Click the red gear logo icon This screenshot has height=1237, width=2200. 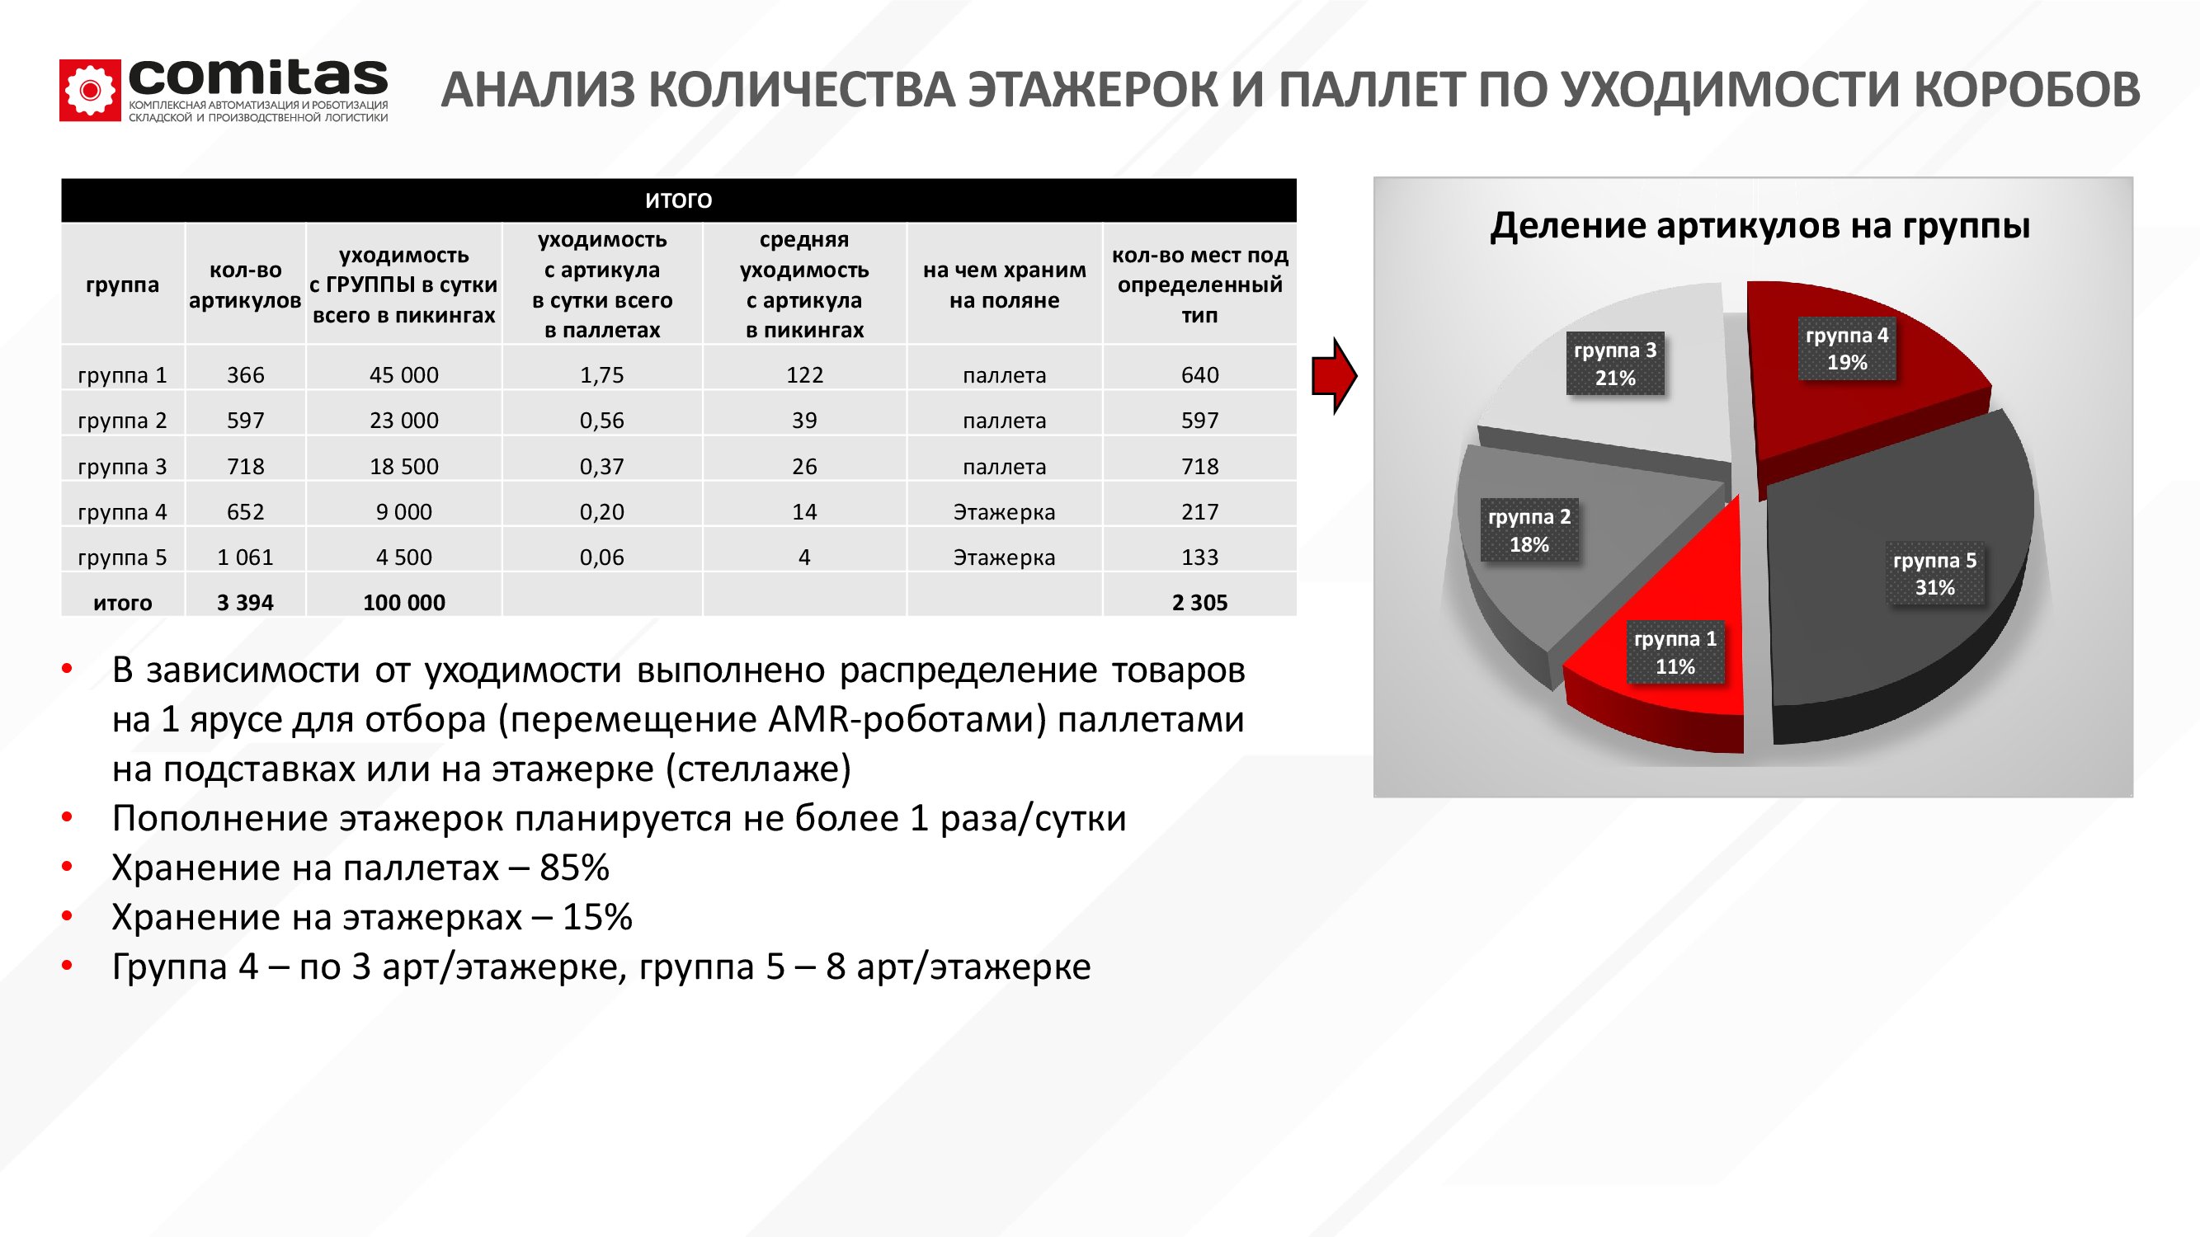coord(90,90)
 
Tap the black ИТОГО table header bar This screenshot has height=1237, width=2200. coord(679,200)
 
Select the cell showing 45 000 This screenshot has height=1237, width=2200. coord(404,374)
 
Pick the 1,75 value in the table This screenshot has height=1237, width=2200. coord(602,374)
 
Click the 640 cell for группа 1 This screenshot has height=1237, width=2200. coord(1200,374)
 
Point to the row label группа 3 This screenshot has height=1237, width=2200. coord(122,466)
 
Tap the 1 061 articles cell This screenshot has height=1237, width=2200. coord(245,557)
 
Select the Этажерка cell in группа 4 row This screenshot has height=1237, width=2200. coord(1005,512)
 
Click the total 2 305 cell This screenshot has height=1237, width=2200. coord(1200,603)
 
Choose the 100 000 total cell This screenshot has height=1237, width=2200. coord(404,603)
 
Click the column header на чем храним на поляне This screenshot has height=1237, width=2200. coord(1005,285)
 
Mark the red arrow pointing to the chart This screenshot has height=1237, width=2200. coord(1335,375)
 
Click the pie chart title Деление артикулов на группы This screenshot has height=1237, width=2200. coord(1760,226)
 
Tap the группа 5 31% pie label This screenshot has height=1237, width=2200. coord(1934,574)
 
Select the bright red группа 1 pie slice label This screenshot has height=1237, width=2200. coord(1675,652)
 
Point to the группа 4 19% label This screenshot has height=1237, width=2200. coord(1846,348)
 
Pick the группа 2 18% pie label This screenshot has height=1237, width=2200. coord(1529,530)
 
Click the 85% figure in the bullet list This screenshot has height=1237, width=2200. coord(575,868)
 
